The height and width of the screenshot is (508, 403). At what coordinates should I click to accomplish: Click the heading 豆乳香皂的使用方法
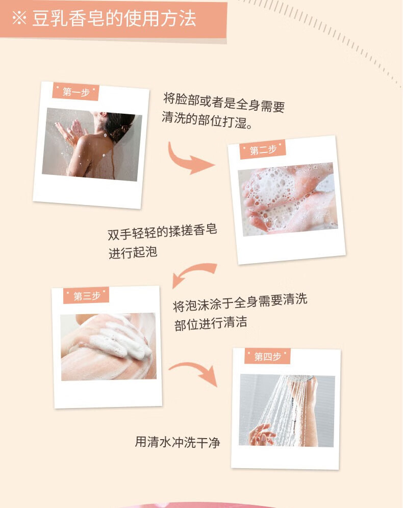(x=114, y=18)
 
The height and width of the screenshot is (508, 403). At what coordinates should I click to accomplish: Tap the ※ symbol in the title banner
(x=19, y=18)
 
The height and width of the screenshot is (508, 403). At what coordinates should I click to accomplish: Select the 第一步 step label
(x=76, y=92)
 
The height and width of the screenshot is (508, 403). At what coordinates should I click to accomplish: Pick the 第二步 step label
(x=263, y=149)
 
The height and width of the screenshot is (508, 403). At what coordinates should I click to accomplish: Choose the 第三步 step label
(x=86, y=296)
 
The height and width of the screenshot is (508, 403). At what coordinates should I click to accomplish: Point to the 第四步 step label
(x=267, y=357)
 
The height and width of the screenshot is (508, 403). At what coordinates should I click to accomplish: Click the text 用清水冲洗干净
(x=178, y=442)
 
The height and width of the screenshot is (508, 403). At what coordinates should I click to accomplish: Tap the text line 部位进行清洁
(x=211, y=323)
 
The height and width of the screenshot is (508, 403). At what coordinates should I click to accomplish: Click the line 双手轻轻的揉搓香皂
(x=162, y=232)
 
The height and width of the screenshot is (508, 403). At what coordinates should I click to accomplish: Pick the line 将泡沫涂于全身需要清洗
(x=240, y=302)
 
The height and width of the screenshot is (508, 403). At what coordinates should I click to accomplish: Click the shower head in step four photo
(x=301, y=378)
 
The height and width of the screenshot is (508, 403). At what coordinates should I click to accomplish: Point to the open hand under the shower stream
(x=262, y=434)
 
